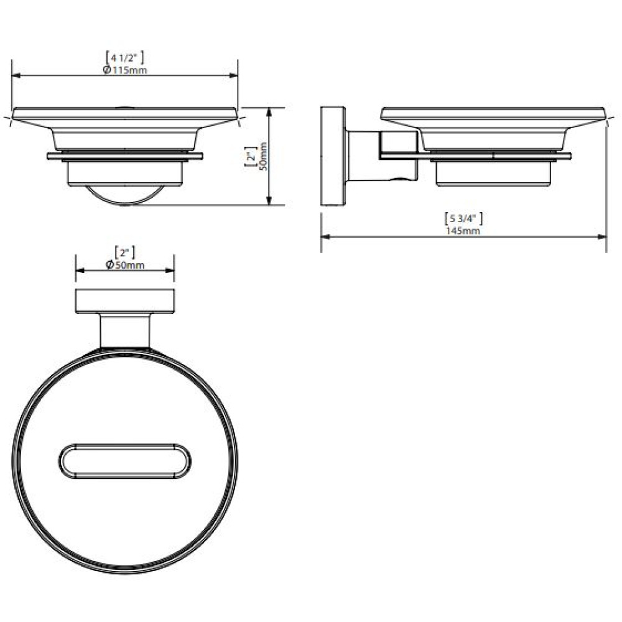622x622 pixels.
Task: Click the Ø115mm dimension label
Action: (125, 70)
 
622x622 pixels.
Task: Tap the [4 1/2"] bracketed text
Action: (125, 58)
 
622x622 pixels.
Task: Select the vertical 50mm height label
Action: (263, 156)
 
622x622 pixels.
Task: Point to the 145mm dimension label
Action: (463, 231)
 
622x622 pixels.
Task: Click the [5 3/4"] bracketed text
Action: (463, 218)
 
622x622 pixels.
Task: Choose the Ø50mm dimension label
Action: (126, 265)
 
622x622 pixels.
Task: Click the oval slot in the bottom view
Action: (125, 461)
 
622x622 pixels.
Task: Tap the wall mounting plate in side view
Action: (333, 156)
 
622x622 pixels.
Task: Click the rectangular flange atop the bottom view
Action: (125, 302)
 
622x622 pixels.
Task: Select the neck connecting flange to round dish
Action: (125, 332)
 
